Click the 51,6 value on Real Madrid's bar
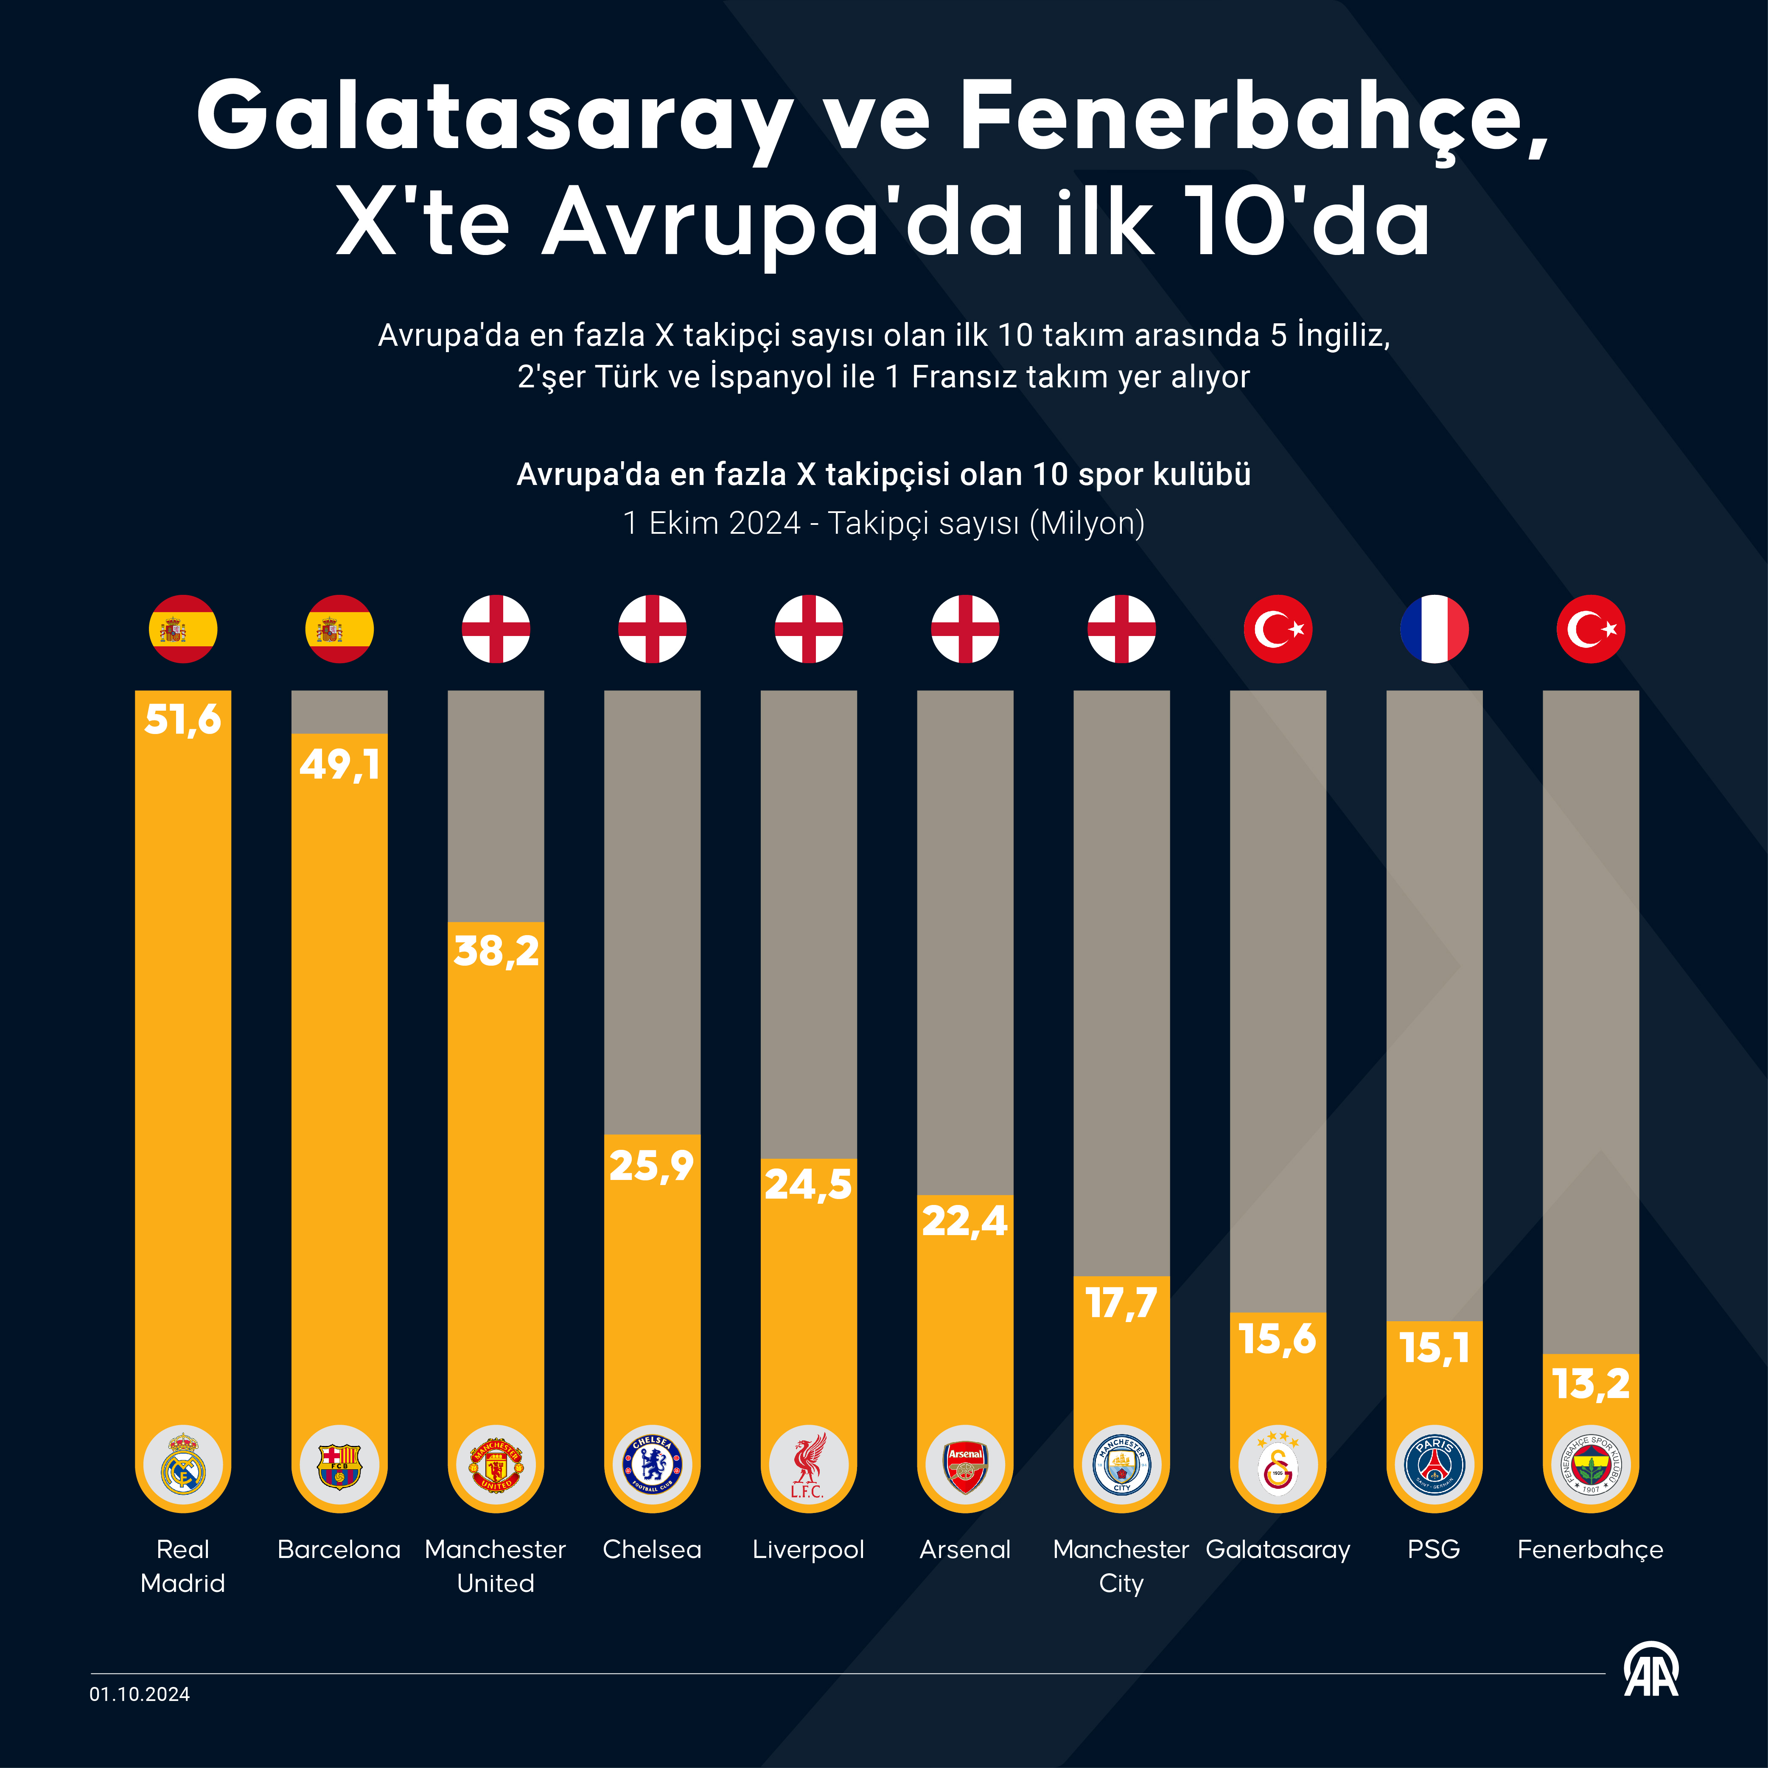pyautogui.click(x=183, y=720)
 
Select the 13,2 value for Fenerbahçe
pyautogui.click(x=1591, y=1384)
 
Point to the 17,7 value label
pyautogui.click(x=1121, y=1303)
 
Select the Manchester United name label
pyautogui.click(x=496, y=1566)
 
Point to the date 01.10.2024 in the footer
pyautogui.click(x=140, y=1694)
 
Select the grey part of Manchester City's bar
pyautogui.click(x=1121, y=979)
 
